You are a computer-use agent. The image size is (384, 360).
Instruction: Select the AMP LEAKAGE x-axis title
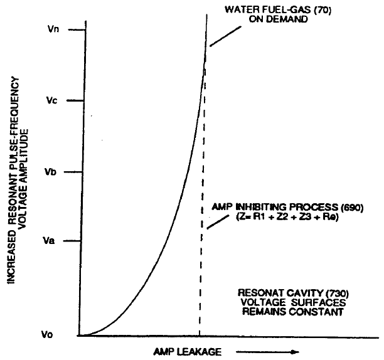187,351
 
